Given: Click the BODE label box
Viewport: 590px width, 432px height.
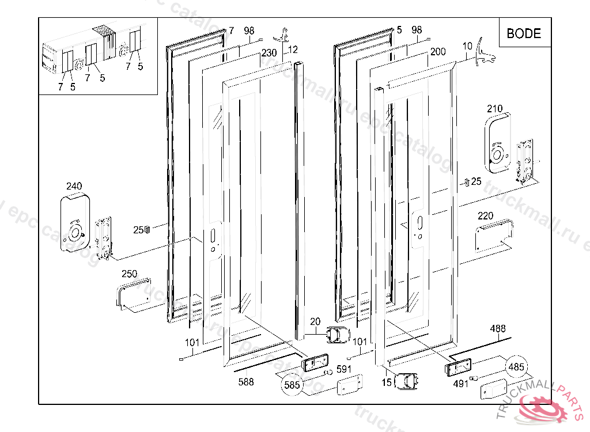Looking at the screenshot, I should (524, 33).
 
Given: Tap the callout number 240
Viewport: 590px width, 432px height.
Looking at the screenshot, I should (74, 186).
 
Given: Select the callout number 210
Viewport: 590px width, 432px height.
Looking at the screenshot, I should (494, 108).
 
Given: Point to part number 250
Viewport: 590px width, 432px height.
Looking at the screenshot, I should (129, 274).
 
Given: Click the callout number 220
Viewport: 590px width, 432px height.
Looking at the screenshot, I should (485, 216).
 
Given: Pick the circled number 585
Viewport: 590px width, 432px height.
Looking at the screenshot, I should (292, 385).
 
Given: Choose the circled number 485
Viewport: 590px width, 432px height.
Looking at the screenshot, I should (516, 366).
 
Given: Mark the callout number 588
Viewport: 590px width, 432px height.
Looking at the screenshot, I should (246, 381).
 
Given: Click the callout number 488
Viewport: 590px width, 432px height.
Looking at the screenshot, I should (498, 329).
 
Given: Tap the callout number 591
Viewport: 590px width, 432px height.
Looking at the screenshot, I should (344, 369).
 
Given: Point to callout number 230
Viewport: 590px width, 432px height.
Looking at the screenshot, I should (269, 52).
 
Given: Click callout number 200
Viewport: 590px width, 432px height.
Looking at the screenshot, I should (438, 52).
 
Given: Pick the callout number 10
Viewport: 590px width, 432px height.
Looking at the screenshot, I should (467, 45).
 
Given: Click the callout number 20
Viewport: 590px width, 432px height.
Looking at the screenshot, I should (315, 321).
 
